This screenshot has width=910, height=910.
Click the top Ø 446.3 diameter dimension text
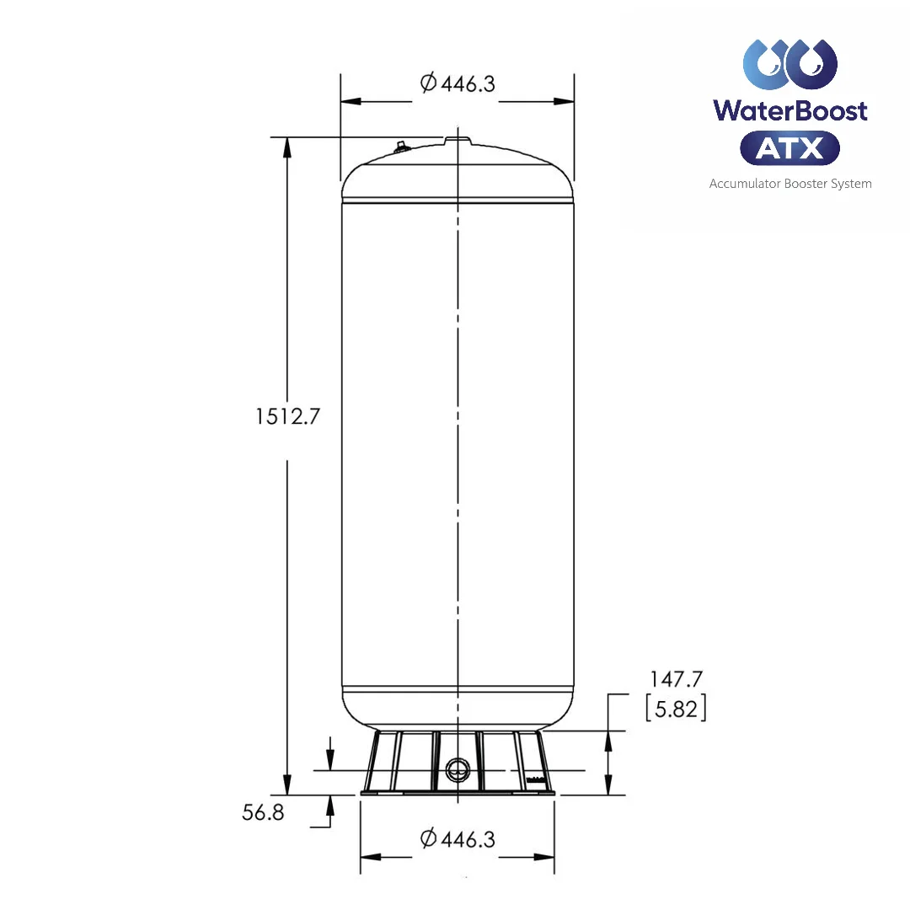(x=457, y=83)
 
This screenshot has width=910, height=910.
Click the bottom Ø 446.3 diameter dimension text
(x=457, y=839)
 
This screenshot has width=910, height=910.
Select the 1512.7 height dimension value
(x=287, y=416)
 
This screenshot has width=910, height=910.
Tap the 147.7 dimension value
(x=676, y=679)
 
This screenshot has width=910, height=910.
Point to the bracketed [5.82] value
(x=676, y=709)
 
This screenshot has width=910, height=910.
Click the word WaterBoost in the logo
(x=790, y=110)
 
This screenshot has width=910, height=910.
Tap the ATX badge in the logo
(x=790, y=148)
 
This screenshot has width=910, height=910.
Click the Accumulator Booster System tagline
(x=790, y=184)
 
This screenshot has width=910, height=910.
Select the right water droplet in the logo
(x=813, y=64)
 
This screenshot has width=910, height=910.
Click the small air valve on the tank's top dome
(x=400, y=147)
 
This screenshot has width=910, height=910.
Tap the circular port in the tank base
(x=458, y=769)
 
